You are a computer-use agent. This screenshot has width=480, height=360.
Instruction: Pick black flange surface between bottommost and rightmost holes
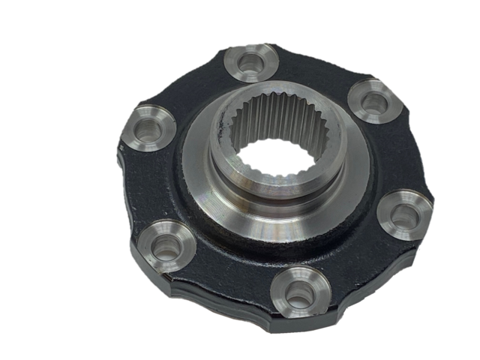(x=360, y=259)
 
